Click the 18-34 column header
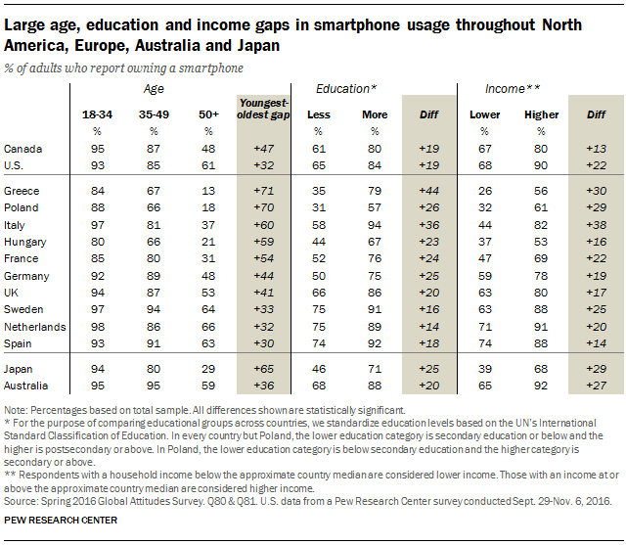click(x=96, y=115)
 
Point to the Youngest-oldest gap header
click(x=265, y=109)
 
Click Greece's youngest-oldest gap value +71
click(x=265, y=191)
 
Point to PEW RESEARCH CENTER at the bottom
click(x=62, y=520)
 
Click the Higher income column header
click(x=541, y=115)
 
